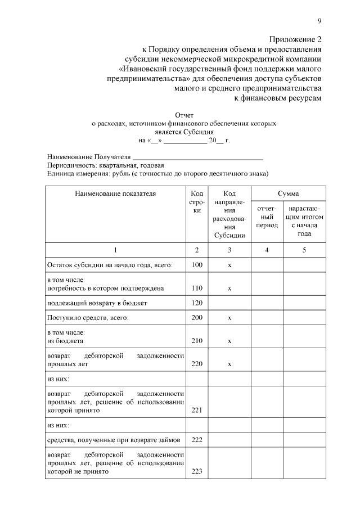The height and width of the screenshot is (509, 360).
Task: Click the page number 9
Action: [319, 21]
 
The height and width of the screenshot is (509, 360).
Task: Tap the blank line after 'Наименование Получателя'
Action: [197, 157]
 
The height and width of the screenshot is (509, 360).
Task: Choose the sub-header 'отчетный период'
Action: [267, 217]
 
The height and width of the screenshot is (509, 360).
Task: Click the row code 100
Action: [197, 264]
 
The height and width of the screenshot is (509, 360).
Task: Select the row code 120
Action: [197, 303]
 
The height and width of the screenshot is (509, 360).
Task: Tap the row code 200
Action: [197, 318]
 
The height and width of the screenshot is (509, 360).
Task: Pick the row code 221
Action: [197, 410]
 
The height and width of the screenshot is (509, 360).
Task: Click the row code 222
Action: [197, 440]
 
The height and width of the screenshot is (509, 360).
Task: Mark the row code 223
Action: [197, 471]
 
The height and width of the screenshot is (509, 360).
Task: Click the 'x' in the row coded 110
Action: [229, 288]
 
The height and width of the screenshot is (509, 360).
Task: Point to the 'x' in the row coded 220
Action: [229, 364]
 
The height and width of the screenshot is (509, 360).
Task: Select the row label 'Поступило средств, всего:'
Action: [88, 318]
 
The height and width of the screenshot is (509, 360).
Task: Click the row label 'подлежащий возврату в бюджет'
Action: [97, 303]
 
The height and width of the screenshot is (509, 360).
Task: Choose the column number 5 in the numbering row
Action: [304, 250]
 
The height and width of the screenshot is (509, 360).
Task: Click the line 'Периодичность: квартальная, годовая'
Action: [106, 165]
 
